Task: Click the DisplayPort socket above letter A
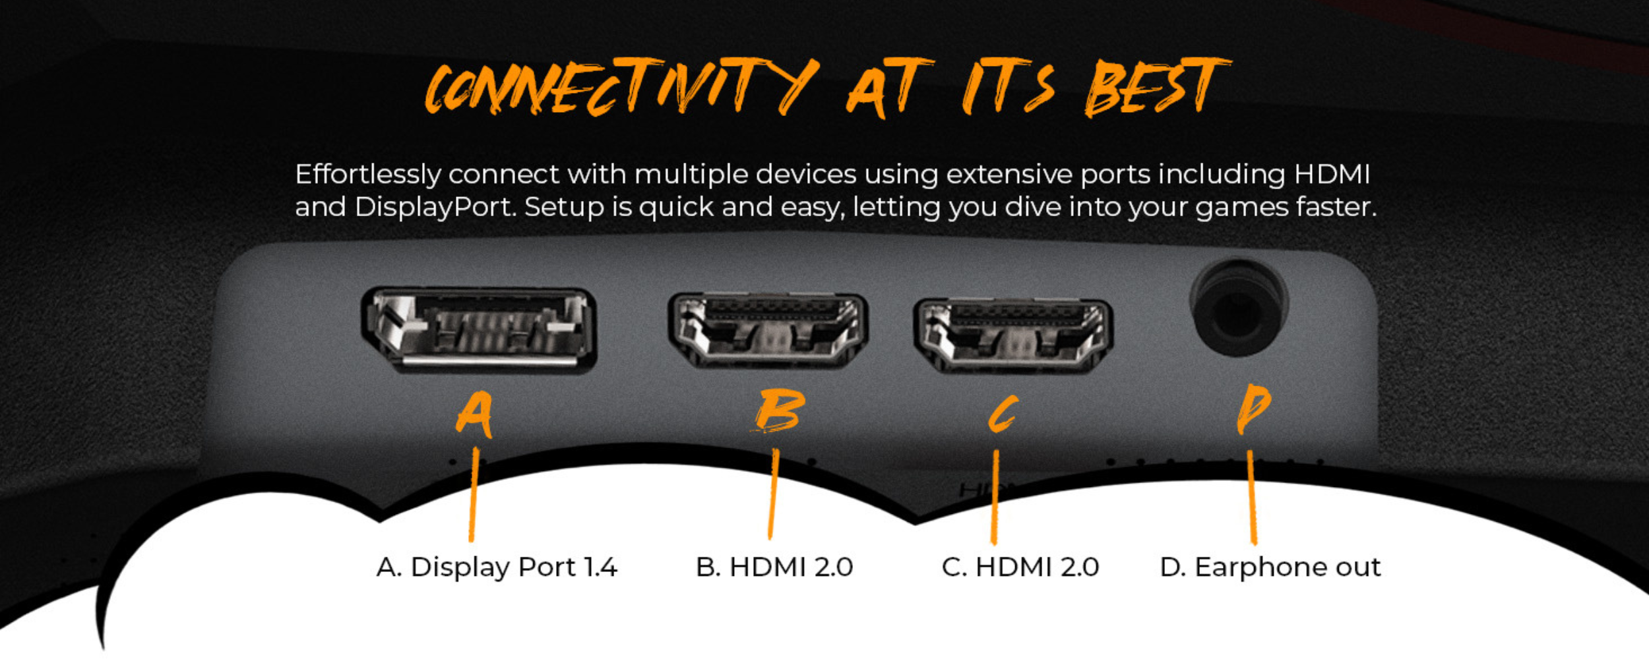coord(480,330)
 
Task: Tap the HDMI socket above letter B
coord(768,331)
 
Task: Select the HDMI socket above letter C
coord(1013,335)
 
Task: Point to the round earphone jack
coord(1239,307)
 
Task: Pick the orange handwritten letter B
coord(780,410)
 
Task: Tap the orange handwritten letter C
coord(1003,415)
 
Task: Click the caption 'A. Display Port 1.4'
coord(497,567)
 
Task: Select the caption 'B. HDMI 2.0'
coord(774,567)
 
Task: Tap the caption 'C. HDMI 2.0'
coord(1020,567)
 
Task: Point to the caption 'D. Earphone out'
coord(1270,567)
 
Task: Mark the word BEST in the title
coord(1158,86)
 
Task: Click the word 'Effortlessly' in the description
coord(368,175)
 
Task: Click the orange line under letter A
coord(473,495)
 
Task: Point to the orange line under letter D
coord(1251,498)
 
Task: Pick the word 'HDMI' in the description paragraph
coord(1332,175)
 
